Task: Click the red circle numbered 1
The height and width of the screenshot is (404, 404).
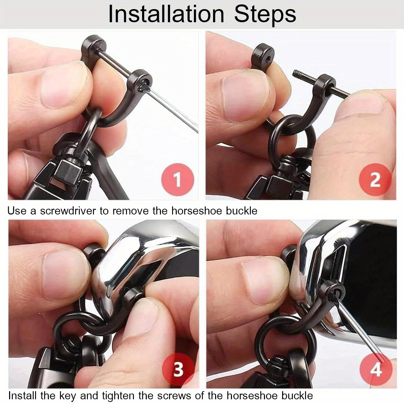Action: tap(177, 180)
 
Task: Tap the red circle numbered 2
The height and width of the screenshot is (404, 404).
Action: tap(375, 180)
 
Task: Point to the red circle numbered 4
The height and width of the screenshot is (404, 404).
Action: tap(376, 369)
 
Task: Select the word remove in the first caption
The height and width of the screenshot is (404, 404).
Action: tap(130, 211)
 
